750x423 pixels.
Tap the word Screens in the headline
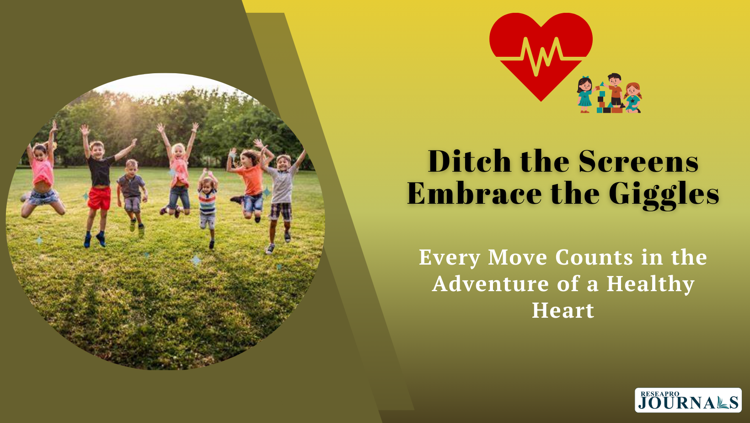(638, 161)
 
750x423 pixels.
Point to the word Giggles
(664, 196)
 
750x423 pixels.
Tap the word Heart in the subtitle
(563, 310)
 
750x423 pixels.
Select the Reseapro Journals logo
(688, 400)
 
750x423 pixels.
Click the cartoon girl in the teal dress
(585, 94)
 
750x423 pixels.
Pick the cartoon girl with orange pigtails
(632, 98)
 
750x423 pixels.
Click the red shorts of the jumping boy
(99, 198)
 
